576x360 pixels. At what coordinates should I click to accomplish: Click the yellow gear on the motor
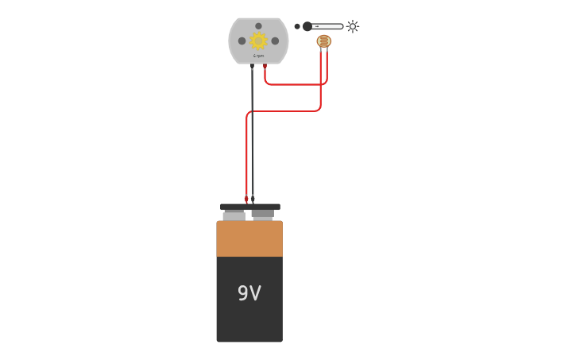click(258, 41)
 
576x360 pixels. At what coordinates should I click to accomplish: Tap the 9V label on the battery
click(249, 293)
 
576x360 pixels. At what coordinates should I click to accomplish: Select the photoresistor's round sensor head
click(323, 41)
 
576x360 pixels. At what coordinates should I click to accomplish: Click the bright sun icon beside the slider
click(353, 26)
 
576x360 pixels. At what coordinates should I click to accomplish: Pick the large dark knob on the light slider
click(307, 26)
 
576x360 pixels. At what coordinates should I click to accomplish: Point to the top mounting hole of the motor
click(258, 26)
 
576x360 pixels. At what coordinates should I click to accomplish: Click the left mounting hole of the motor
click(242, 41)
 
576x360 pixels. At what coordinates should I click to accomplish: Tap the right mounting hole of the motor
click(275, 41)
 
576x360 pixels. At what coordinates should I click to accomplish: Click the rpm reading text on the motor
click(258, 56)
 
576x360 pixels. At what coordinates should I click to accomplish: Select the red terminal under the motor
click(265, 67)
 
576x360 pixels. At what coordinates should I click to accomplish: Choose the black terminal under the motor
click(252, 67)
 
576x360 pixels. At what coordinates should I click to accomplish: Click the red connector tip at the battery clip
click(246, 199)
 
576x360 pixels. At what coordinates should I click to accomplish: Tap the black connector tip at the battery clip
click(253, 199)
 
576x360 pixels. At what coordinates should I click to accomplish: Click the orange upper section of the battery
click(249, 238)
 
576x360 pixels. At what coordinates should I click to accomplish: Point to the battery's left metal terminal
click(234, 215)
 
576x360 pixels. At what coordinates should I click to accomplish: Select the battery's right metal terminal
click(263, 215)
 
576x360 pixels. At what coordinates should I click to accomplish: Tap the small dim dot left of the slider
click(297, 26)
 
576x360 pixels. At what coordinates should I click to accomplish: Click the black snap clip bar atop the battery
click(249, 207)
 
